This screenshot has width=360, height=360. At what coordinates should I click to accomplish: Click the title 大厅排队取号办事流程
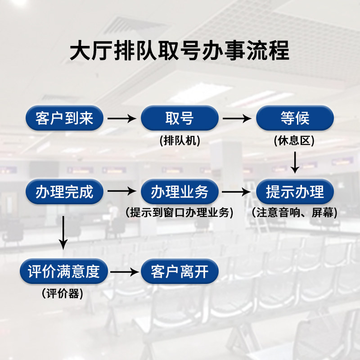point(180,51)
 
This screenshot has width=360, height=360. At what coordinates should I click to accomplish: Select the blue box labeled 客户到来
point(64,118)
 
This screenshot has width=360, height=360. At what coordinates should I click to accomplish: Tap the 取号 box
point(180,118)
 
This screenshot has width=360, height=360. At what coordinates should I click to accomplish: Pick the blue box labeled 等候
point(295,118)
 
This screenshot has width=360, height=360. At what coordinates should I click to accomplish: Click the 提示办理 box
point(295,192)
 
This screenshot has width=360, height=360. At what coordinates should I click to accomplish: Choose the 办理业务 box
point(180,192)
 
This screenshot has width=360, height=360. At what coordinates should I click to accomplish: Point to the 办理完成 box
point(64,192)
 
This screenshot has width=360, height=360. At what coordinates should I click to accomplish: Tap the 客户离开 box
point(180,272)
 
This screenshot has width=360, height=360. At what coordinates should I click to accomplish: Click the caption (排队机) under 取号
point(180,141)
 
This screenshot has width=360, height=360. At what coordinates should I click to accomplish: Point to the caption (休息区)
point(295,141)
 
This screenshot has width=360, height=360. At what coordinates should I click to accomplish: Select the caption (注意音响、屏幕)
point(295,213)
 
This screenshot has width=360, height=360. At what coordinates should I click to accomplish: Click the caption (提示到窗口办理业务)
point(180,213)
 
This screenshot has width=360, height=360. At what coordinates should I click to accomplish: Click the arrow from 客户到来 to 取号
point(122,119)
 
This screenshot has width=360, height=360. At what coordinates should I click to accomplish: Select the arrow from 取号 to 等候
point(237,119)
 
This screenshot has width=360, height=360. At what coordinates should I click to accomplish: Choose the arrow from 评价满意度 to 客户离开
point(124,272)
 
